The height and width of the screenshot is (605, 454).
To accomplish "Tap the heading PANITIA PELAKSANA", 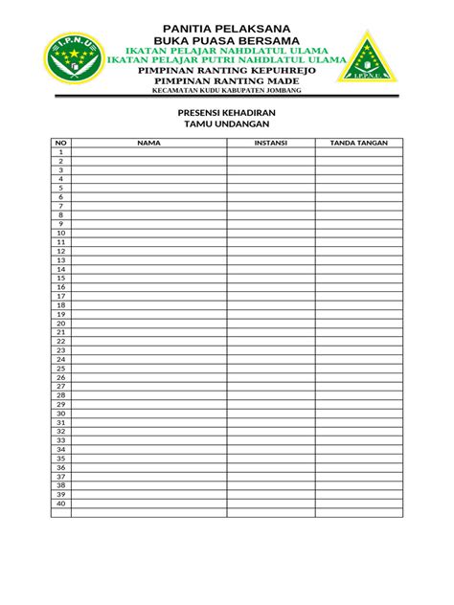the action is [227, 26].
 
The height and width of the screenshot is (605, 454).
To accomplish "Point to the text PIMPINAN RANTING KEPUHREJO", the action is [227, 71].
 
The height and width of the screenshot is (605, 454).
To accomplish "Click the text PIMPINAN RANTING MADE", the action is [227, 82].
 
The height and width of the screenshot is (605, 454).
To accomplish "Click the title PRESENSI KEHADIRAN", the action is [227, 113].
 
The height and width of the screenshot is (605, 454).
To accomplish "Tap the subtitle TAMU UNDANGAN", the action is [227, 124].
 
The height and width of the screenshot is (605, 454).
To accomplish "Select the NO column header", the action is [60, 143].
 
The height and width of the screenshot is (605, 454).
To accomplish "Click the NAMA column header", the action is [148, 143].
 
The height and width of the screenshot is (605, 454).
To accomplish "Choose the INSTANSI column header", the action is [271, 143].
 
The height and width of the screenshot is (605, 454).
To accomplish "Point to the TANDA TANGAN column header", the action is [358, 143].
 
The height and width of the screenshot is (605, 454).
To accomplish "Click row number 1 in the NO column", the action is [60, 152].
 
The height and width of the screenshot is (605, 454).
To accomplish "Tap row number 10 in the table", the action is [60, 233].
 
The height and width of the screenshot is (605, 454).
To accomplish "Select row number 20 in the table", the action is [60, 323].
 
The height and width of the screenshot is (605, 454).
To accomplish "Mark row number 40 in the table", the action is [60, 503].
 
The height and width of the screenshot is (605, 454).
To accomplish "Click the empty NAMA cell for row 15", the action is [148, 278].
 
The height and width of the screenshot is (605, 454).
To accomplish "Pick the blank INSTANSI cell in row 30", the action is [271, 413].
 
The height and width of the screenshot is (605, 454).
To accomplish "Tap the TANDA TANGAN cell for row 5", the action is [358, 188].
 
